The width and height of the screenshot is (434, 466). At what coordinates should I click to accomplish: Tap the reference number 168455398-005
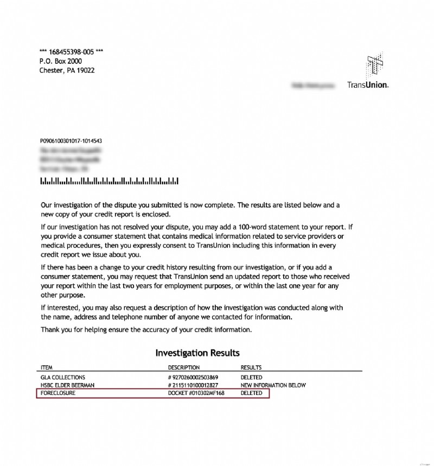pos(72,52)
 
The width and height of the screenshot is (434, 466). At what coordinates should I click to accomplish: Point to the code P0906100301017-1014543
pos(71,141)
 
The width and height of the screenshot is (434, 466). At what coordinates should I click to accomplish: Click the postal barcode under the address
pos(109,181)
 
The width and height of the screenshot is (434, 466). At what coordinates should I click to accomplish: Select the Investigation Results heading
pos(197,353)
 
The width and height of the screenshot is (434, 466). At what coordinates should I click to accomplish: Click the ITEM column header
pos(47,367)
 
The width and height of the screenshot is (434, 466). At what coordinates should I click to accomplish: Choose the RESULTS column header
pos(251,367)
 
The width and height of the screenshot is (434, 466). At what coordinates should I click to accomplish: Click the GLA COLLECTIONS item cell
pos(63,377)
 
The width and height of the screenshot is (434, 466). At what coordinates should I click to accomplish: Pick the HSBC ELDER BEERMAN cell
pos(68,385)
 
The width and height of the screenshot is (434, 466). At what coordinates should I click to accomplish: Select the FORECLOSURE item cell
pos(58,393)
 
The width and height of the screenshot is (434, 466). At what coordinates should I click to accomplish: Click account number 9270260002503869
pos(193,377)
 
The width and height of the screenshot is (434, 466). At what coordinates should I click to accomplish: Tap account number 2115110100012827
pos(193,385)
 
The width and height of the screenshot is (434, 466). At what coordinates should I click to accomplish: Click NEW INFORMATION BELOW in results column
pos(273,385)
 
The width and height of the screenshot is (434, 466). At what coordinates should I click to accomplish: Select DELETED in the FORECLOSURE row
pos(251,393)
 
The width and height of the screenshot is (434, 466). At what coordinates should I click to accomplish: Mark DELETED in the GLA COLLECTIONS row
pos(251,377)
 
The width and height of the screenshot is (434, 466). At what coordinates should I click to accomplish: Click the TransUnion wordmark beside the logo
pos(367,85)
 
